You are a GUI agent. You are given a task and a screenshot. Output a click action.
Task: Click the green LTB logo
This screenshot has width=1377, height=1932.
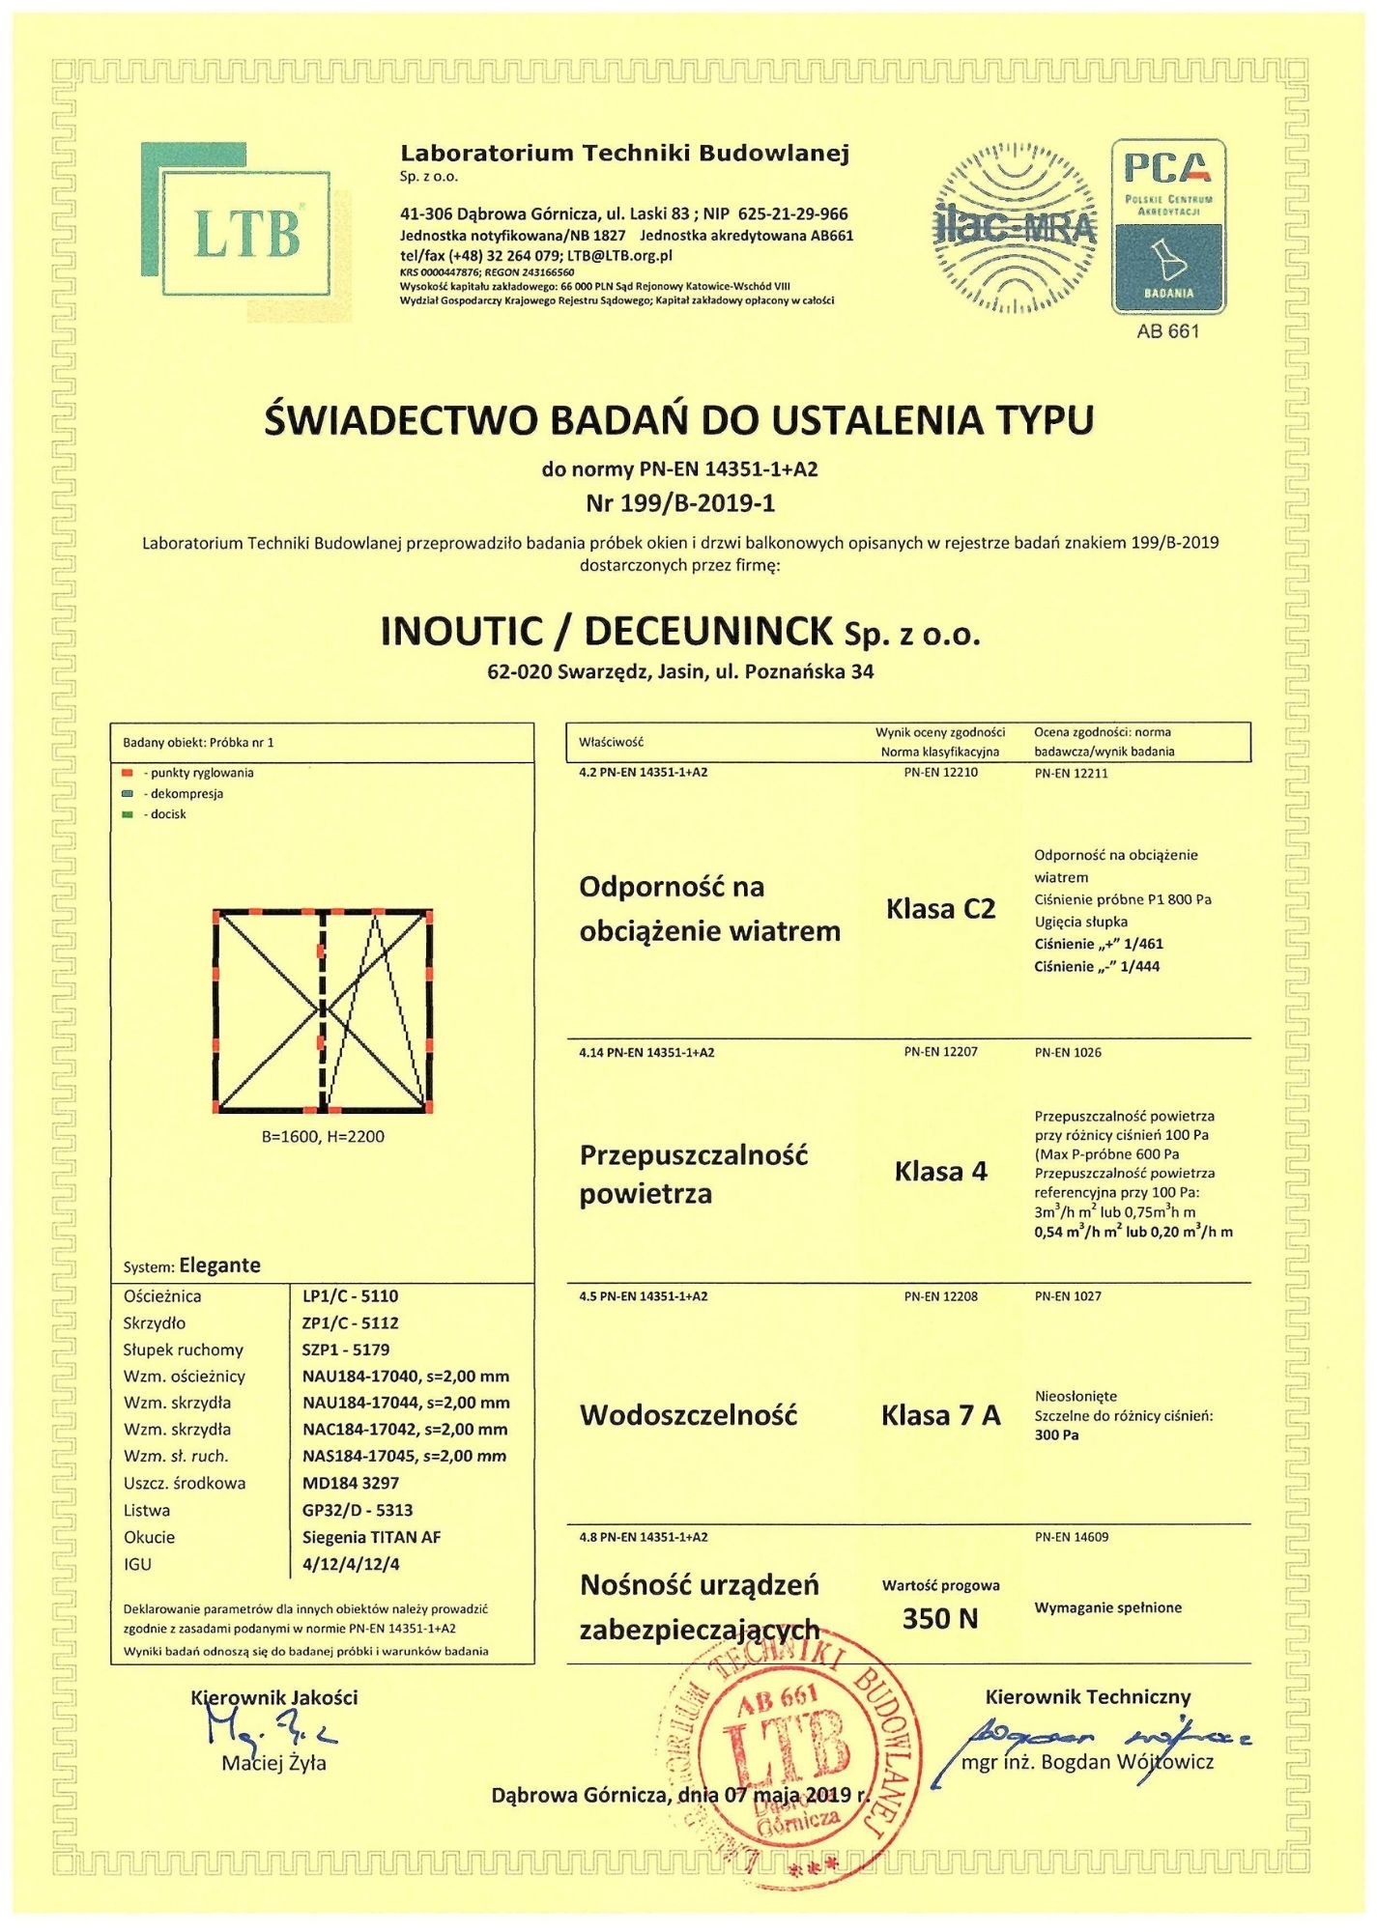click(245, 232)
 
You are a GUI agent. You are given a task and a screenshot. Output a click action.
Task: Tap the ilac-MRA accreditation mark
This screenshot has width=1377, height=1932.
click(1014, 228)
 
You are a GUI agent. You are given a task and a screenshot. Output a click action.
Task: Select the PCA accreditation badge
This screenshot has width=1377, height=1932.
click(1168, 227)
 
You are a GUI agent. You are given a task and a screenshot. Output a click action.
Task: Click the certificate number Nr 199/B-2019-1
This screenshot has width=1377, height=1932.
click(680, 503)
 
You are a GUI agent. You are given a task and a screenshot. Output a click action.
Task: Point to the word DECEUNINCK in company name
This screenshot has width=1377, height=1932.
click(708, 632)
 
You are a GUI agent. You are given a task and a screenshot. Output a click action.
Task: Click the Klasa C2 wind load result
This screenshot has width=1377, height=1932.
click(940, 909)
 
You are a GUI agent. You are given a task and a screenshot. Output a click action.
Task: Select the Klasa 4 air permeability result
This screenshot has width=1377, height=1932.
click(940, 1172)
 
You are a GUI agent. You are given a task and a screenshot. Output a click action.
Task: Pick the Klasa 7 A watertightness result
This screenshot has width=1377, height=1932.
click(940, 1415)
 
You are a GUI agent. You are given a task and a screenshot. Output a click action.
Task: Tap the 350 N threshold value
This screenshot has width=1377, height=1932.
click(940, 1618)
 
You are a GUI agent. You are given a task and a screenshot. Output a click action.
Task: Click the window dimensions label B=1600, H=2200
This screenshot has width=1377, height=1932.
click(323, 1137)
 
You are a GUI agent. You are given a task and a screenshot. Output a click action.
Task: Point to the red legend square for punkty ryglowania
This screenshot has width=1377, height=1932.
click(127, 773)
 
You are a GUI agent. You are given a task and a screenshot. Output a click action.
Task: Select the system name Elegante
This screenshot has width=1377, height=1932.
click(219, 1265)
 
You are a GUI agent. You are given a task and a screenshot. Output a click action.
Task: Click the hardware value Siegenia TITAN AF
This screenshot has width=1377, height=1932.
click(371, 1537)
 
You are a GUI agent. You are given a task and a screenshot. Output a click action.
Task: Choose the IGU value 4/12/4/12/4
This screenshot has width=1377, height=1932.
click(351, 1564)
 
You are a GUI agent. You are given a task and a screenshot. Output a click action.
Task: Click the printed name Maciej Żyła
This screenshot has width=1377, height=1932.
click(274, 1763)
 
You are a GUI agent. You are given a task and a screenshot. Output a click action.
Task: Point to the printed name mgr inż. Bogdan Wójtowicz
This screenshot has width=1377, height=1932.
click(1087, 1762)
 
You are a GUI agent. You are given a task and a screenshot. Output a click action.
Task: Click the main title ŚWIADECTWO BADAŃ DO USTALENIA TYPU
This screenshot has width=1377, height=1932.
click(679, 420)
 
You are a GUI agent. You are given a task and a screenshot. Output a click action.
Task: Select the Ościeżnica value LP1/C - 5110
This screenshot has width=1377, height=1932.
click(350, 1296)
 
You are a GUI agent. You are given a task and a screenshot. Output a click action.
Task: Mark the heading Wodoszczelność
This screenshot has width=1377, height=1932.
click(688, 1415)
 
